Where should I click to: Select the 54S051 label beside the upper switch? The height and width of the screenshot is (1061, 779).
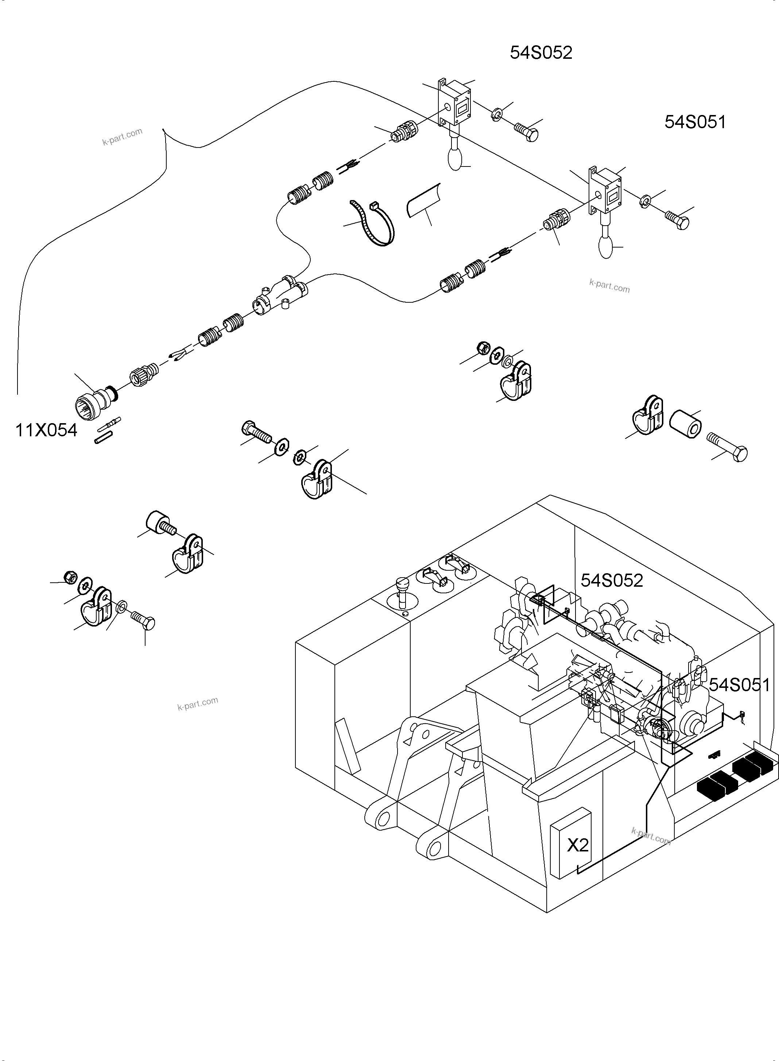[695, 122]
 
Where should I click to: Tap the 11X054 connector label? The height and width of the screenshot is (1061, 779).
[46, 430]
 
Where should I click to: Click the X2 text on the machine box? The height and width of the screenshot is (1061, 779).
[578, 845]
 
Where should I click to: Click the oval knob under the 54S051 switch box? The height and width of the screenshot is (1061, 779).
[605, 246]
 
